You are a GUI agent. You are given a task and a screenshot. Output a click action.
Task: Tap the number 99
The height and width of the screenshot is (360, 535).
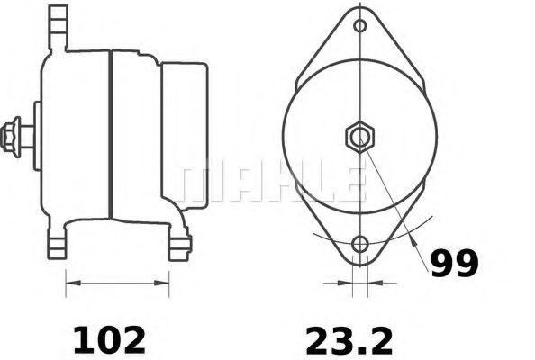[453, 262]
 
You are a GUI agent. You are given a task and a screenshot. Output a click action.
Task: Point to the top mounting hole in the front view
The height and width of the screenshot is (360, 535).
[360, 25]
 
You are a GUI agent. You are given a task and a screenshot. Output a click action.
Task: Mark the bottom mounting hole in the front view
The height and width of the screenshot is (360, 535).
[360, 244]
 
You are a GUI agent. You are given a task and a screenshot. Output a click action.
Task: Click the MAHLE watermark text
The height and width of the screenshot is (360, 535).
[270, 183]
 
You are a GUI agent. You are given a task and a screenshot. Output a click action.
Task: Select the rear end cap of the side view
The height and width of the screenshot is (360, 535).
[185, 135]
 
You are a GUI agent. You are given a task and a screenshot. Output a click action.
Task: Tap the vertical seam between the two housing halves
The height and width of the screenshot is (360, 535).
[110, 135]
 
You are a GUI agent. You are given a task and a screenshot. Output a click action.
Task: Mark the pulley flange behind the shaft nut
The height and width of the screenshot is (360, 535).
[37, 135]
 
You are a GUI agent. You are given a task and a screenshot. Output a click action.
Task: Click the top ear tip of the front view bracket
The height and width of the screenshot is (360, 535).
[360, 11]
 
